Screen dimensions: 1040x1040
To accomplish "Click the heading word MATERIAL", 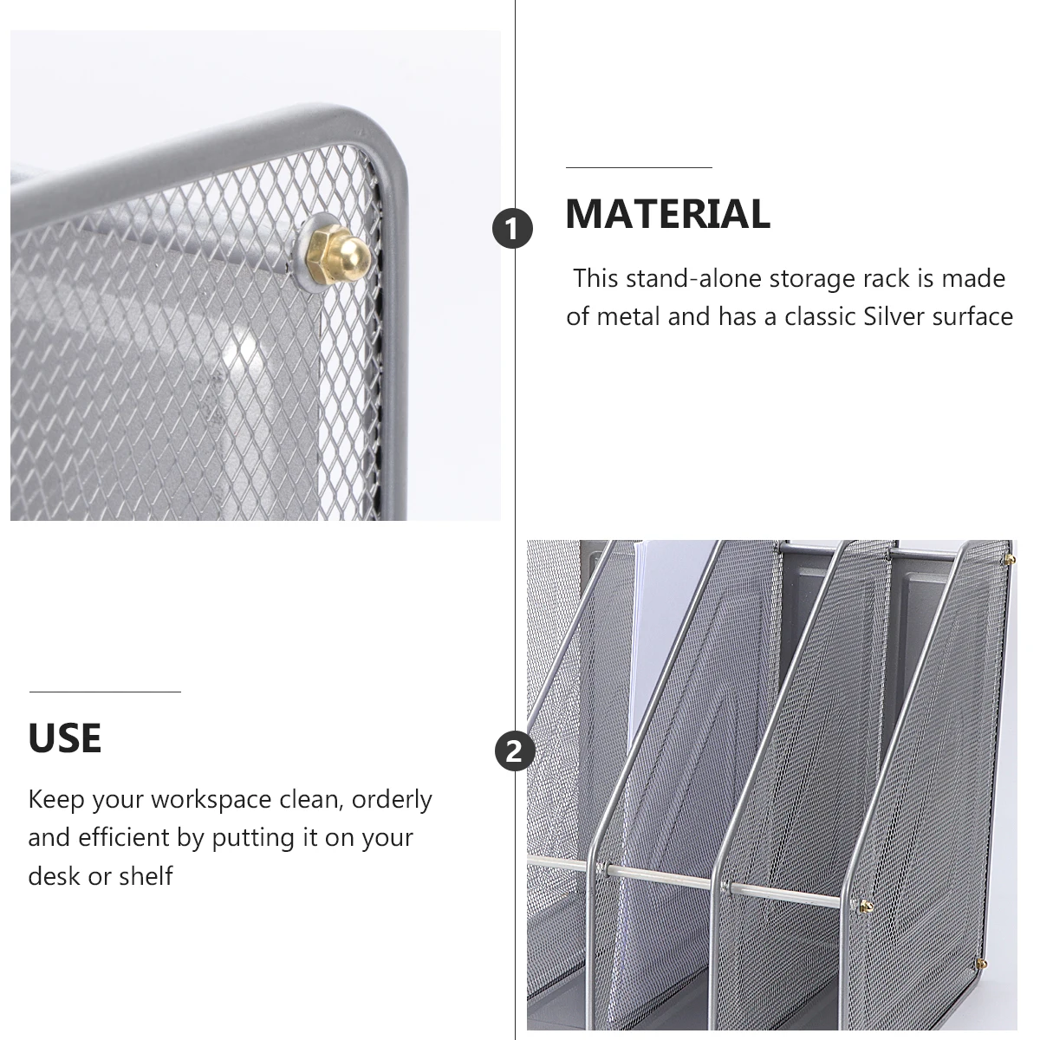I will [x=667, y=214].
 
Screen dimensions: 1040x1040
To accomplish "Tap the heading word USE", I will [x=64, y=738].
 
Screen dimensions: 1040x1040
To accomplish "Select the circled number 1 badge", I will [x=514, y=230].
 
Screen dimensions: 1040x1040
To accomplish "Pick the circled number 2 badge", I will [x=514, y=751].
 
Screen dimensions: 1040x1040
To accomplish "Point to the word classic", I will [x=821, y=316].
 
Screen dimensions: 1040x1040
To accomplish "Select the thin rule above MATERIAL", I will [x=639, y=167].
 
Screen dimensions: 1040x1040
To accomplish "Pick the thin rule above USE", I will [x=105, y=692].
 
